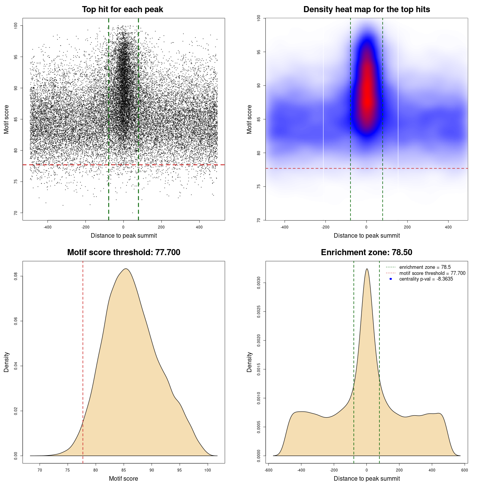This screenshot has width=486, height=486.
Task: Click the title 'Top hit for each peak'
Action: [122, 9]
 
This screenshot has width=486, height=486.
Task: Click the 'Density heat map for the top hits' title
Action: [366, 9]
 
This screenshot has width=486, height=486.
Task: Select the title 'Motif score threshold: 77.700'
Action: [123, 252]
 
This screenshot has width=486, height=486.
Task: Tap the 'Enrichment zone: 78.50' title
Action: [366, 252]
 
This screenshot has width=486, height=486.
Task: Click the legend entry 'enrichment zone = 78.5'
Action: [425, 267]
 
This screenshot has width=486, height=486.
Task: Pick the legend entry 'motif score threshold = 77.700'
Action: [432, 273]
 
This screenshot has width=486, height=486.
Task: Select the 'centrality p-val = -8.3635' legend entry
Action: [426, 279]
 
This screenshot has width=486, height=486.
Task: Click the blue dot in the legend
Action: [391, 279]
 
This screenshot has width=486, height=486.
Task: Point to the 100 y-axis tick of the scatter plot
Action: [16, 25]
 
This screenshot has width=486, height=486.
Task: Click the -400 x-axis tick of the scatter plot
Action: [47, 227]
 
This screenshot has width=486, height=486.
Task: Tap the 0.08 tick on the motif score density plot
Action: [16, 277]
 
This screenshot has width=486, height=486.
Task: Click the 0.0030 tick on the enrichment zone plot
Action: [259, 283]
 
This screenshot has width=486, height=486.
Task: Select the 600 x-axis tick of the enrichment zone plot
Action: [464, 470]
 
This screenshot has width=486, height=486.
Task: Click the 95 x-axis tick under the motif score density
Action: [180, 470]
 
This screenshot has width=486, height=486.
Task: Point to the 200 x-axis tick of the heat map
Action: [407, 227]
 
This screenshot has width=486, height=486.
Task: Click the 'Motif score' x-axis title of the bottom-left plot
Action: [123, 478]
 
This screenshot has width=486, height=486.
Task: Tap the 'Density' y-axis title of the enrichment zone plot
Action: [249, 362]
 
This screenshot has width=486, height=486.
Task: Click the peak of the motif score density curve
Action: [126, 269]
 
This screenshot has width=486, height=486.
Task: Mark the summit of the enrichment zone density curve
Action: [366, 269]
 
